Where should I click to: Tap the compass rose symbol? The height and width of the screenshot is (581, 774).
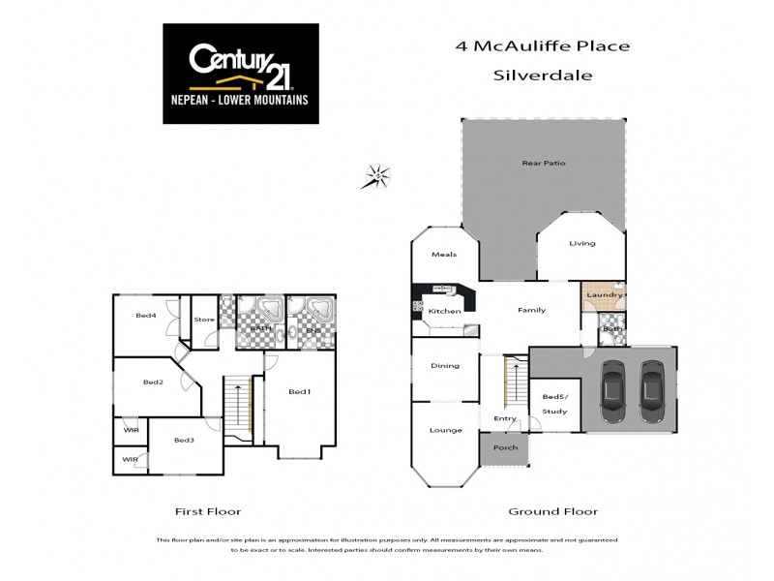(378, 176)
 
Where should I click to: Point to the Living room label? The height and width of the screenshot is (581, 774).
(581, 243)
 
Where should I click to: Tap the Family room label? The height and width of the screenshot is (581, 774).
(532, 310)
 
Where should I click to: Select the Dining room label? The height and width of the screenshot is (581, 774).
(445, 365)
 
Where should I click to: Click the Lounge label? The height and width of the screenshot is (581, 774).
(445, 429)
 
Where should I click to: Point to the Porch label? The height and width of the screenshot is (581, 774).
(506, 447)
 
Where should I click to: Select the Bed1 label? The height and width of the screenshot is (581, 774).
(300, 392)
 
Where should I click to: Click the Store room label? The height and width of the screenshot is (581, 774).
(204, 320)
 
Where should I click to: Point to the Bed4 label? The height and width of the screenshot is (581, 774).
(145, 315)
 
